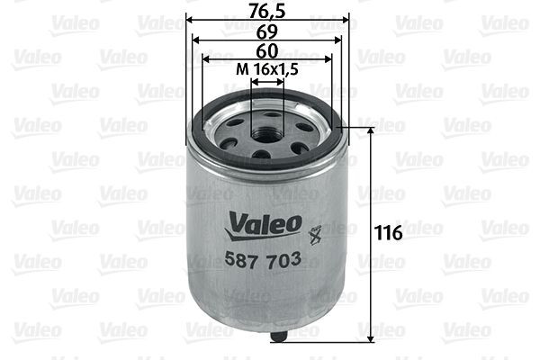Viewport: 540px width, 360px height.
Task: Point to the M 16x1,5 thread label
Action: pyautogui.click(x=267, y=70)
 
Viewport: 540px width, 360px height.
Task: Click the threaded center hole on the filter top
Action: pyautogui.click(x=267, y=133)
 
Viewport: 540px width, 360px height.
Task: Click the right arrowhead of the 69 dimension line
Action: pyautogui.click(x=337, y=39)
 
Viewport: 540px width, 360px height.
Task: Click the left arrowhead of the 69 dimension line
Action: pyautogui.click(x=198, y=39)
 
